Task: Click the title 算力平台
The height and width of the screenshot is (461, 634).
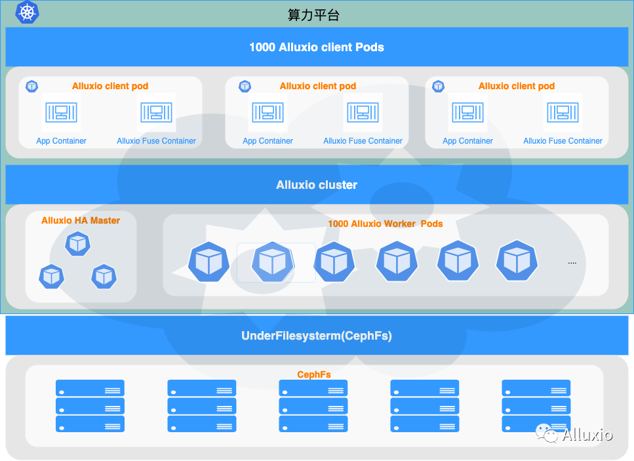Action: coord(313,15)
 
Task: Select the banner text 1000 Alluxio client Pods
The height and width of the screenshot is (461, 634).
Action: coord(317,47)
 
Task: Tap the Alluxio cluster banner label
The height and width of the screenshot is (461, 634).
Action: coord(317,185)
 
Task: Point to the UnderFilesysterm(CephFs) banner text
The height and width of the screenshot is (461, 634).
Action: coord(317,336)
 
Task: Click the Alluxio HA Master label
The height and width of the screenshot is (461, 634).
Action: coord(81,220)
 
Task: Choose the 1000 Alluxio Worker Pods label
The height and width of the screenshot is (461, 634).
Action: coord(385,224)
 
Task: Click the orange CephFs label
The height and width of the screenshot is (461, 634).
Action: coord(313,374)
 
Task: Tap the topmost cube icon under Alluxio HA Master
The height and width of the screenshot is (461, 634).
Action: coord(77,244)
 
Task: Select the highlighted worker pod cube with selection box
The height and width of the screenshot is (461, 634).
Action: coord(273,262)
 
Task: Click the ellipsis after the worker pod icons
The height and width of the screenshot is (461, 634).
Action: coord(572,262)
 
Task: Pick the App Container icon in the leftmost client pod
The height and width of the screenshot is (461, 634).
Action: coord(62,113)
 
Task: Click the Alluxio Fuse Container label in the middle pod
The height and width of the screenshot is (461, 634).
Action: coord(363,141)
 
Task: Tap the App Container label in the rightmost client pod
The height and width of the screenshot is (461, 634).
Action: coord(467,141)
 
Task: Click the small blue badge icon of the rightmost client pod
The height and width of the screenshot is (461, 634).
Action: coord(438,86)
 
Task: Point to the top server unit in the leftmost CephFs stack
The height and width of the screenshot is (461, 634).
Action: coord(90,388)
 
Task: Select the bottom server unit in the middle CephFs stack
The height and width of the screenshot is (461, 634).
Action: coord(313,424)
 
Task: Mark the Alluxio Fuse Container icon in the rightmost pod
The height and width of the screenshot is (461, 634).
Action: coord(563,113)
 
